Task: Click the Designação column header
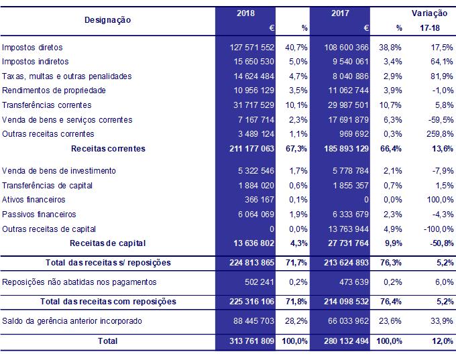tap(107, 20)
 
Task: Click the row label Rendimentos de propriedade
tap(54, 91)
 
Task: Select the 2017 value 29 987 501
tap(345, 105)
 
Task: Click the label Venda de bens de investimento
tap(59, 170)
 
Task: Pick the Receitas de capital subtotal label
tap(108, 243)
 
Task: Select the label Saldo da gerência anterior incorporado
tap(72, 321)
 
